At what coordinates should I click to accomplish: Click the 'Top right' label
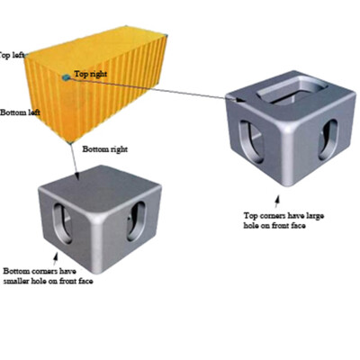[x=90, y=74]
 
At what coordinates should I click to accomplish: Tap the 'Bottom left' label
[x=20, y=112]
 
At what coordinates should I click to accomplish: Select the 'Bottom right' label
[x=105, y=149]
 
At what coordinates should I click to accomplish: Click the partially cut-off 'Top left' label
[x=12, y=56]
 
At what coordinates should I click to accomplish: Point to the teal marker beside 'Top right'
[x=66, y=77]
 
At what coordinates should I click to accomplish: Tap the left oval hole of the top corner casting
[x=251, y=141]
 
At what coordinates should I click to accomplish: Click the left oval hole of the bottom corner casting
[x=63, y=223]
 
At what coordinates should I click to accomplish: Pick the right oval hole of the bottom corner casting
[x=136, y=221]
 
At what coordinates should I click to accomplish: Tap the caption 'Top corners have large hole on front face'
[x=283, y=220]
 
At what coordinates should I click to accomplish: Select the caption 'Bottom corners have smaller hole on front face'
[x=48, y=276]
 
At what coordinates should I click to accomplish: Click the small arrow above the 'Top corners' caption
[x=277, y=202]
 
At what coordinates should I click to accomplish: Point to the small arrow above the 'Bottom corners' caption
[x=55, y=258]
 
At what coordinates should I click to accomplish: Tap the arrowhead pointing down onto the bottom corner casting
[x=76, y=175]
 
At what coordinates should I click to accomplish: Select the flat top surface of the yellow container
[x=96, y=51]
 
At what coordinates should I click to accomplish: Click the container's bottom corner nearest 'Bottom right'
[x=70, y=143]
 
